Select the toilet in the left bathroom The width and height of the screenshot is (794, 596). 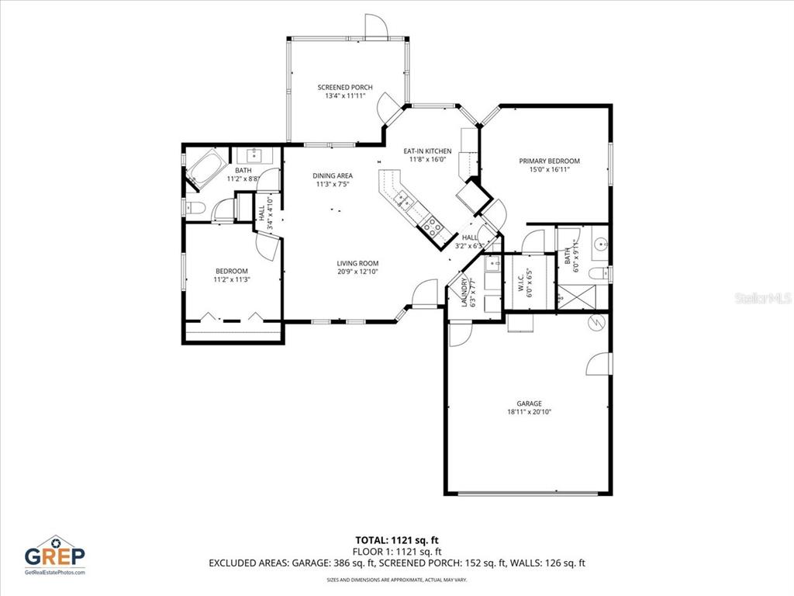point(195,207)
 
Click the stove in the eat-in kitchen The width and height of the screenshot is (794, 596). point(431,227)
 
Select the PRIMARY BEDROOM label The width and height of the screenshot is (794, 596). point(549,161)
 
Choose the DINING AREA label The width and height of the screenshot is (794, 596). point(333,175)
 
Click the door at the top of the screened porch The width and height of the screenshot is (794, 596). point(375,27)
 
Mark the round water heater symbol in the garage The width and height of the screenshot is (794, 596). point(597,322)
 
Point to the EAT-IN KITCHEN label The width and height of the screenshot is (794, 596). point(427,151)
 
